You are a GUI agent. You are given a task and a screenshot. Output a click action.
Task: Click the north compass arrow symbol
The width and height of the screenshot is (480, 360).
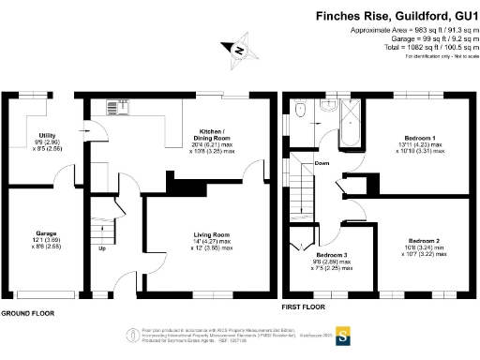239,51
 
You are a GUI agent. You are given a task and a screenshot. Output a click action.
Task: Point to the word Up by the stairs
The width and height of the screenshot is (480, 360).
100,248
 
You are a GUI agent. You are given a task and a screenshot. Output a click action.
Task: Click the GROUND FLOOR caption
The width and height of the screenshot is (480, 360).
27,312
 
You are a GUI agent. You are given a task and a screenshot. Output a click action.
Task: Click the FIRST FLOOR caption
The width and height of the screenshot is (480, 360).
304,307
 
